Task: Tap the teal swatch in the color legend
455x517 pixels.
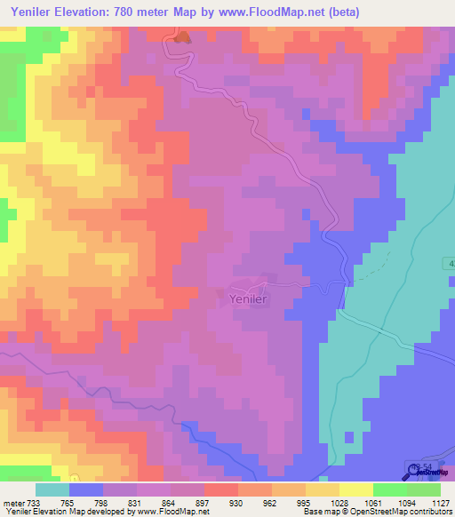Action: coord(52,489)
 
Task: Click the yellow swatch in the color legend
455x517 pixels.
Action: coord(355,489)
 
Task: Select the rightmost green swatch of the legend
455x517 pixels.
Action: coord(424,489)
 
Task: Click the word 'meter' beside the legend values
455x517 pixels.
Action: coord(14,503)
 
